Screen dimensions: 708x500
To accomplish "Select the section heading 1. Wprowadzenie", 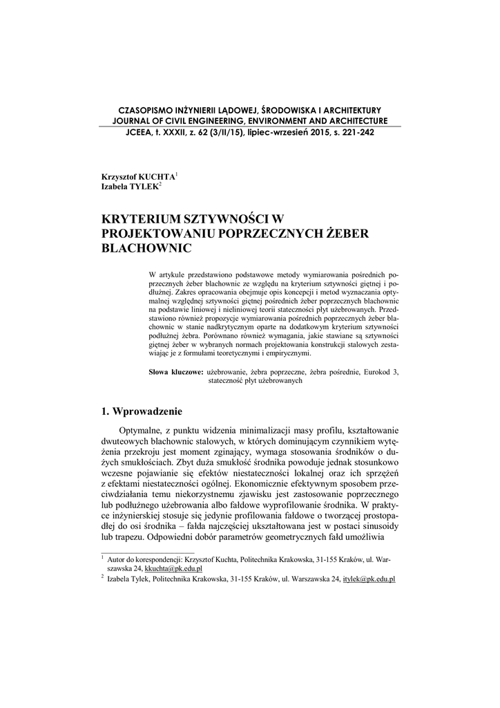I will pyautogui.click(x=142, y=412).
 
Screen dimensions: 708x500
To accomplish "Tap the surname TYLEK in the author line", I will pyautogui.click(x=144, y=186).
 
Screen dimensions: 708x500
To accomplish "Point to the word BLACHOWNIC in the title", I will pyautogui.click(x=146, y=247).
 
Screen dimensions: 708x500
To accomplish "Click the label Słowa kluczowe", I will pyautogui.click(x=175, y=371).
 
